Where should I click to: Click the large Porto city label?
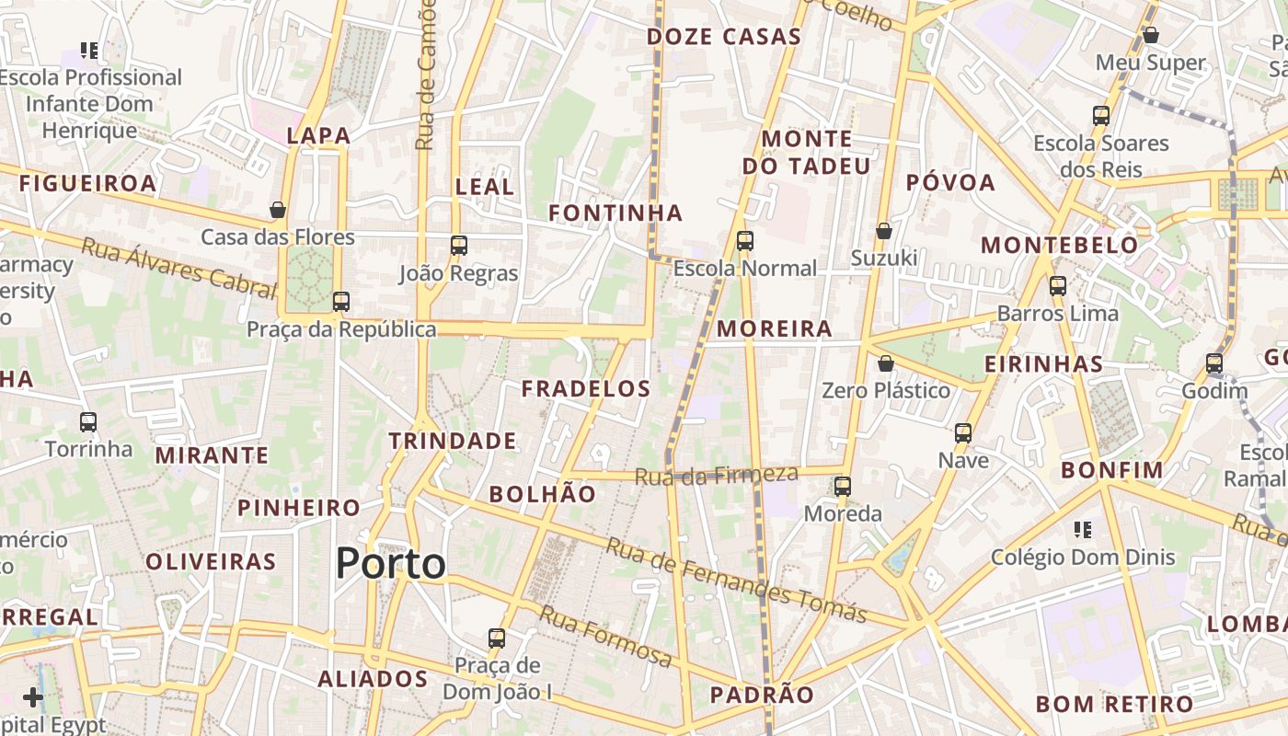pyautogui.click(x=390, y=563)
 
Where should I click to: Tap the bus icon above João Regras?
pyautogui.click(x=459, y=246)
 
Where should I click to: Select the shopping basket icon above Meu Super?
pyautogui.click(x=1150, y=35)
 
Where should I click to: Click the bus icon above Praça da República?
pyautogui.click(x=341, y=301)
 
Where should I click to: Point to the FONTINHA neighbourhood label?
pyautogui.click(x=615, y=213)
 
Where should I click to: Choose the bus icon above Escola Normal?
pyautogui.click(x=745, y=241)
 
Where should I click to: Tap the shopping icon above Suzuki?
pyautogui.click(x=884, y=230)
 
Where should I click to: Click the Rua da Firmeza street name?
pyautogui.click(x=716, y=475)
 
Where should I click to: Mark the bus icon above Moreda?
pyautogui.click(x=843, y=486)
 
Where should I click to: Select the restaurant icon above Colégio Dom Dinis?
pyautogui.click(x=1083, y=529)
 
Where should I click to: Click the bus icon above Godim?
pyautogui.click(x=1214, y=363)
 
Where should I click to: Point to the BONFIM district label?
pyautogui.click(x=1112, y=470)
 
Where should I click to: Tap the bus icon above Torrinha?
pyautogui.click(x=88, y=422)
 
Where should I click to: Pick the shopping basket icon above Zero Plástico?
pyautogui.click(x=885, y=363)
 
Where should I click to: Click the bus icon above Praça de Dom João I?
pyautogui.click(x=497, y=638)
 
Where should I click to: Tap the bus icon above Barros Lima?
pyautogui.click(x=1058, y=286)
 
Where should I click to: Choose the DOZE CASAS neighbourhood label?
pyautogui.click(x=723, y=37)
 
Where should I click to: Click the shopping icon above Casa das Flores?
pyautogui.click(x=278, y=210)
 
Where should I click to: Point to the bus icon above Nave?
pyautogui.click(x=963, y=432)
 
